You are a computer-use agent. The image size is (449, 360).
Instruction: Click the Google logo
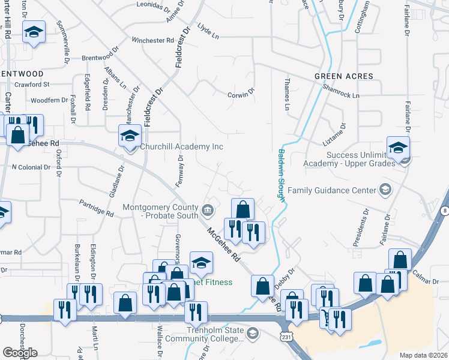click(20, 353)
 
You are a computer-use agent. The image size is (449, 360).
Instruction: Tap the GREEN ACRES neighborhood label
click(343, 76)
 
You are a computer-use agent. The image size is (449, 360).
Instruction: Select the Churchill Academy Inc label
click(181, 146)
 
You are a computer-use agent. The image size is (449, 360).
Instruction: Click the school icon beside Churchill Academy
click(130, 136)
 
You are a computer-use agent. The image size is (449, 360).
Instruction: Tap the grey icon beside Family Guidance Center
click(385, 191)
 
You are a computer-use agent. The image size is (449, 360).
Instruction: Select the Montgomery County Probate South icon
click(208, 209)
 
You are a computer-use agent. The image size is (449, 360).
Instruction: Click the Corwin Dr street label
click(241, 94)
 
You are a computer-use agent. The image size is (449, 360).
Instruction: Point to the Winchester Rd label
click(152, 41)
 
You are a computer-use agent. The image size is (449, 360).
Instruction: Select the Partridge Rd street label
click(97, 208)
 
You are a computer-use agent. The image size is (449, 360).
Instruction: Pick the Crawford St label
click(32, 85)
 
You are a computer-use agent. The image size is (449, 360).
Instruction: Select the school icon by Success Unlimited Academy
click(397, 148)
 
